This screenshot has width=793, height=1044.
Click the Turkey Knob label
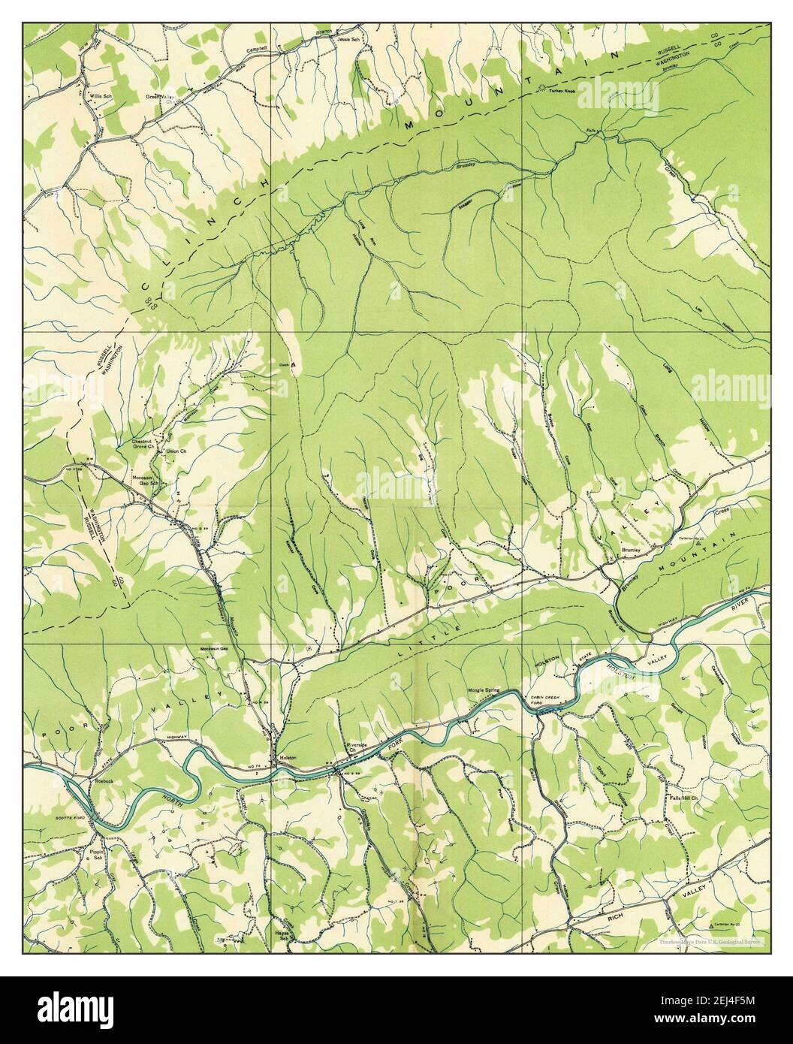pos(561,91)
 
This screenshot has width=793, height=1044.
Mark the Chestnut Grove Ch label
pos(143,444)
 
